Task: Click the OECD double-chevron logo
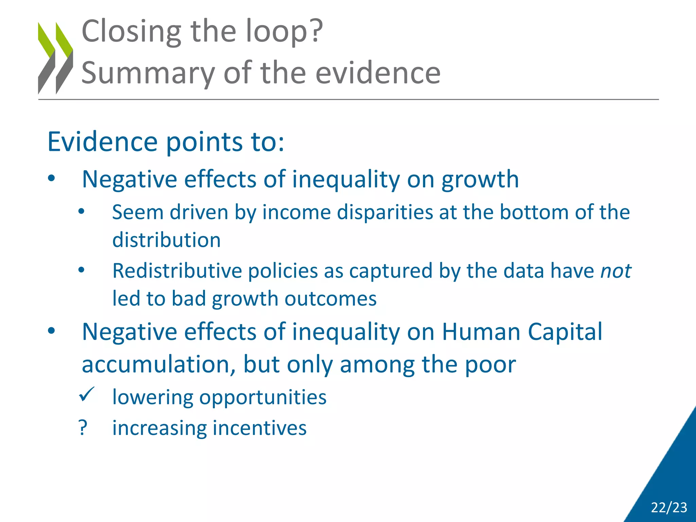tap(55, 58)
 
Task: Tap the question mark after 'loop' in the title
tap(316, 31)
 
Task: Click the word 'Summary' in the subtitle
tap(148, 73)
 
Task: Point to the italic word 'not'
tap(615, 271)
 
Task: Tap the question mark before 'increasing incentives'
tap(83, 428)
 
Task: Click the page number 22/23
tap(669, 507)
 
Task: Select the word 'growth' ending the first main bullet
tap(480, 179)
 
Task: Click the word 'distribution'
tap(167, 240)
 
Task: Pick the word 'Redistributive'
tap(177, 271)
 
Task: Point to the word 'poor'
tap(490, 365)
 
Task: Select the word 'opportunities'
tap(263, 397)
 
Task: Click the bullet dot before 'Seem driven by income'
tap(81, 212)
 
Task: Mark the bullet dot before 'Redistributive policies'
tap(81, 271)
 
